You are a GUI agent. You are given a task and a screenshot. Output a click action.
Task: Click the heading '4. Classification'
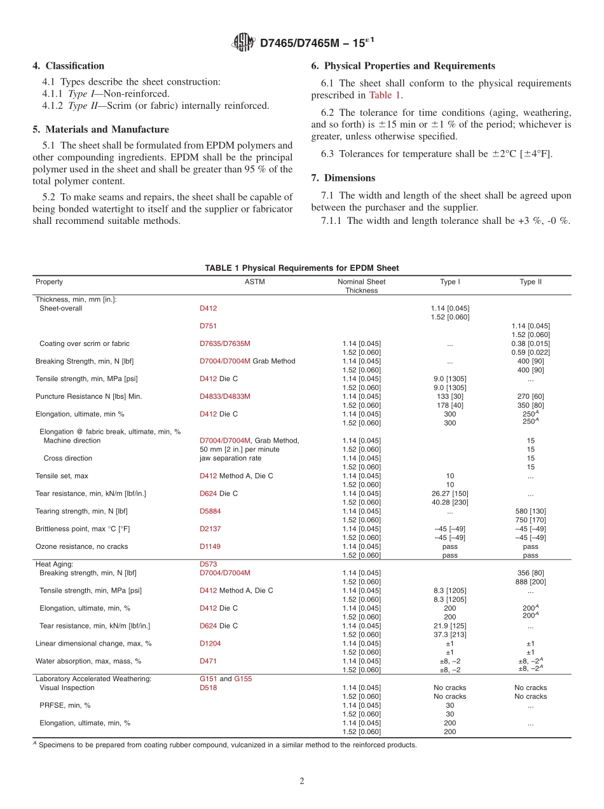(69, 66)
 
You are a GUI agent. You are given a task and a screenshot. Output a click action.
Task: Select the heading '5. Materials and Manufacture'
(100, 129)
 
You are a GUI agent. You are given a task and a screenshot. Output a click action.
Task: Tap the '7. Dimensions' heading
(343, 177)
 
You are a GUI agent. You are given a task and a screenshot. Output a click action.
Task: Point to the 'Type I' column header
(450, 282)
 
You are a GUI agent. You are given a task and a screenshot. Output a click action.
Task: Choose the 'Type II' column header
(530, 282)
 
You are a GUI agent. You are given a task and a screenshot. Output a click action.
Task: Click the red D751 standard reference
(208, 326)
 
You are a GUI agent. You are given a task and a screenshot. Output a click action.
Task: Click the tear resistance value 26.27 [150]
(450, 494)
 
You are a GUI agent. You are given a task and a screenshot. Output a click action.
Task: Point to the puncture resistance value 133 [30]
(450, 396)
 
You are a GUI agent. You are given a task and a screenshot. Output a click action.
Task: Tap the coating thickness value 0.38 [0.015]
(530, 343)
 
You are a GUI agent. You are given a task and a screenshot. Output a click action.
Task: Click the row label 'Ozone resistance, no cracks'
(81, 546)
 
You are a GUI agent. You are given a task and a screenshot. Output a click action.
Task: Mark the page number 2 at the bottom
(302, 782)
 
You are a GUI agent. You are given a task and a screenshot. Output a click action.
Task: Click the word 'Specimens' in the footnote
(54, 745)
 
